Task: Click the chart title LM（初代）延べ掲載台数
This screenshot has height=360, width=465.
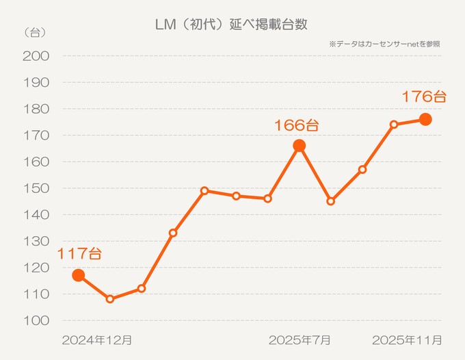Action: [232, 24]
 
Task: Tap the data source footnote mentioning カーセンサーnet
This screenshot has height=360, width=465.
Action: [384, 43]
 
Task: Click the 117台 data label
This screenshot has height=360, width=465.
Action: [79, 254]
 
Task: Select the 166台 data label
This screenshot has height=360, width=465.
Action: [296, 125]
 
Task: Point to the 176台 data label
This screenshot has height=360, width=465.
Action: [423, 97]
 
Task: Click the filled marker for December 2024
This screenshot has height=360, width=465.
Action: [79, 275]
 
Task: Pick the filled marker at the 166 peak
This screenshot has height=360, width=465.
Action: [300, 145]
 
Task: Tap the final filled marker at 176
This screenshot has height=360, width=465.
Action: [425, 119]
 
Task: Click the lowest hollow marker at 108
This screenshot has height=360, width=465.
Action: [110, 299]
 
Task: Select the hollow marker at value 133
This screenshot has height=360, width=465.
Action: [173, 233]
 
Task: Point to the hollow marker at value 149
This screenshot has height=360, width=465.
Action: [204, 191]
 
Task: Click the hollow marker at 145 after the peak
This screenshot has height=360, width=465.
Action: [331, 201]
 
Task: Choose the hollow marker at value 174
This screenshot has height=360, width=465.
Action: [394, 125]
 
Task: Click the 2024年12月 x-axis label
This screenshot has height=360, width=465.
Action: [96, 339]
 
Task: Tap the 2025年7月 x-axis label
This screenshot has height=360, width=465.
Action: [300, 339]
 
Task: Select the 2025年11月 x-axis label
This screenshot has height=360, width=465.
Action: [406, 339]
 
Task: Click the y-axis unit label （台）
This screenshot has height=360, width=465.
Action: [35, 32]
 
